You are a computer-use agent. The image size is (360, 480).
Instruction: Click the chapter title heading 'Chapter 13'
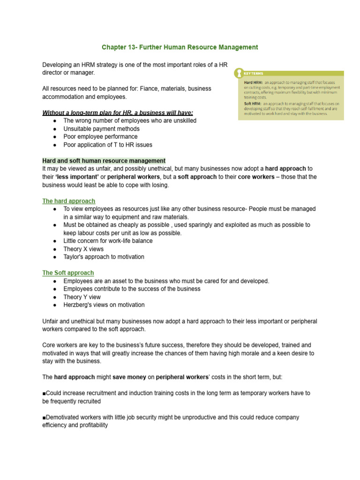(x=180, y=47)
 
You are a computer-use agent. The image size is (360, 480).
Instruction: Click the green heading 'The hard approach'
(x=68, y=201)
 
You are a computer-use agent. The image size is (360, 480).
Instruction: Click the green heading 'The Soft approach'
(x=68, y=273)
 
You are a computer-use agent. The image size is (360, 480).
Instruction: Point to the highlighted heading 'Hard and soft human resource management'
(x=104, y=161)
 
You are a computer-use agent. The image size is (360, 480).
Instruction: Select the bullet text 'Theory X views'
(x=83, y=249)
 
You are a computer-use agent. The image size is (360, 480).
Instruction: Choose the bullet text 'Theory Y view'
(x=82, y=297)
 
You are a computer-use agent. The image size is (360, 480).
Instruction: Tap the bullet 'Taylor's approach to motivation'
(x=104, y=257)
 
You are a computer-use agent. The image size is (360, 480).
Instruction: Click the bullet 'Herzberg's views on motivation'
(x=104, y=305)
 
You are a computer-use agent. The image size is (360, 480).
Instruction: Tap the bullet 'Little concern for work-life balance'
(x=108, y=241)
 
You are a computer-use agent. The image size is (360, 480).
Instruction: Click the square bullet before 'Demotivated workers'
(x=44, y=417)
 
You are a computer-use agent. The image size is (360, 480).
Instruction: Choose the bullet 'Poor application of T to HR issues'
(x=108, y=144)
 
